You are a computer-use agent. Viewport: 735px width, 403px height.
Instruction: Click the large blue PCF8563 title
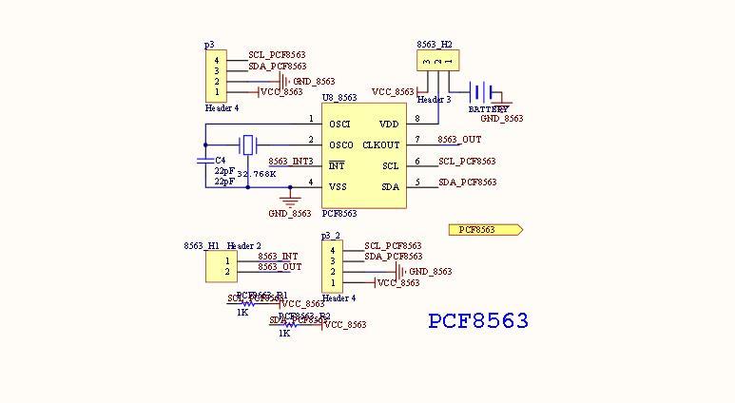[x=478, y=321]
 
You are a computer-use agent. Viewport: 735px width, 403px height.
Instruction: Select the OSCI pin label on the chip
[x=339, y=125]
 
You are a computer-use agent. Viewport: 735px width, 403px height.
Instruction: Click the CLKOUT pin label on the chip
[x=381, y=145]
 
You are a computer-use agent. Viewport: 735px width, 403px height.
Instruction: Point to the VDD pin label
[x=389, y=125]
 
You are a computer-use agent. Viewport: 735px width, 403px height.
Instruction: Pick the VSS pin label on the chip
[x=338, y=186]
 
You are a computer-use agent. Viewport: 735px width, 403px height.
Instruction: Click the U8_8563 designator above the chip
[x=339, y=98]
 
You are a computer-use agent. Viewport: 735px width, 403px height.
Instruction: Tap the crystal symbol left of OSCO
[x=248, y=145]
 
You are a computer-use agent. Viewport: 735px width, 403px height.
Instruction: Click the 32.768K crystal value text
[x=256, y=174]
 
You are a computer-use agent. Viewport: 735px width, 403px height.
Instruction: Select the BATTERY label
[x=488, y=109]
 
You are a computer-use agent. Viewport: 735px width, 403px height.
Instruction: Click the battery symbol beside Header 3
[x=485, y=92]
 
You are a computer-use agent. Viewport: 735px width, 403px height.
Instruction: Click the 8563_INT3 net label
[x=290, y=162]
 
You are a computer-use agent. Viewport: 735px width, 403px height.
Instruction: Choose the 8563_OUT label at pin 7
[x=459, y=140]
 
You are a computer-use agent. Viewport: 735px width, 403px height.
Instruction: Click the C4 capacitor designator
[x=221, y=161]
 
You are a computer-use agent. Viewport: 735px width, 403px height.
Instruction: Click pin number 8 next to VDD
[x=416, y=119]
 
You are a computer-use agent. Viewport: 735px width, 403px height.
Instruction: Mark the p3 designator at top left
[x=209, y=45]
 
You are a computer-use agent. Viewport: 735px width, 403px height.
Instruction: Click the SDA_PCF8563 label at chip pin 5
[x=467, y=182]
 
